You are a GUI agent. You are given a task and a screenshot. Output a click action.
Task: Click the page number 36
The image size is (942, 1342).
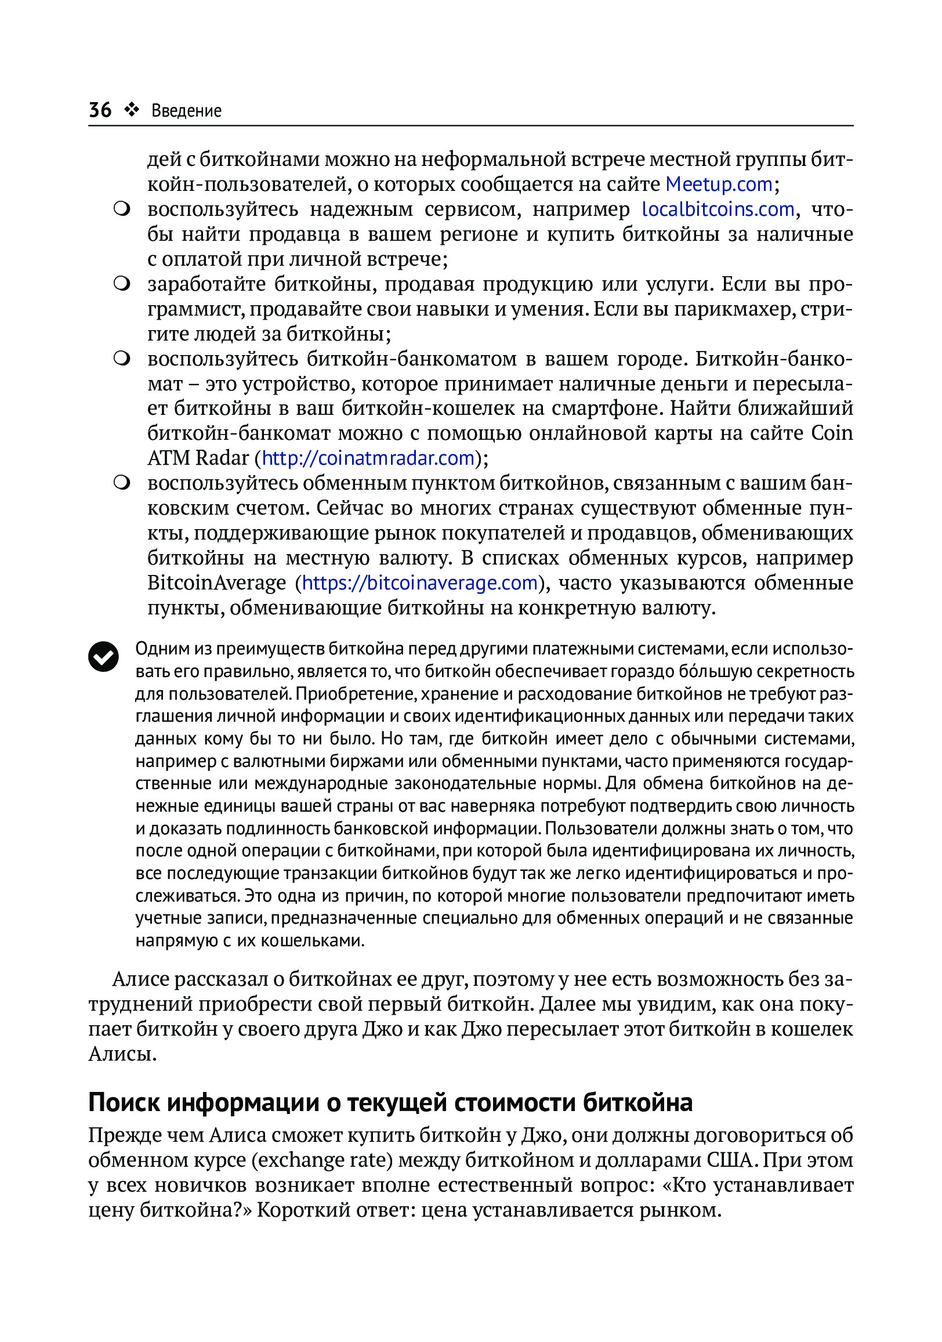100,110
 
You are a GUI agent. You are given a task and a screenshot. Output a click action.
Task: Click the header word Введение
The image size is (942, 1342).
186,110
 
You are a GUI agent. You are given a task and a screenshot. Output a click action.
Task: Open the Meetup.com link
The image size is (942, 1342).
719,184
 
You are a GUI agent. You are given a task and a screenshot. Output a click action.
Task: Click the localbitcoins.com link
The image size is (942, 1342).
718,209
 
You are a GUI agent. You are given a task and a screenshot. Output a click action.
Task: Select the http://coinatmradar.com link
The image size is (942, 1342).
368,458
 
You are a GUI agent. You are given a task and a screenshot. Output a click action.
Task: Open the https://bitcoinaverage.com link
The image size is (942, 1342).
419,583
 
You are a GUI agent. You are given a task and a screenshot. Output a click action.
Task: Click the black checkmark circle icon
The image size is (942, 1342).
103,656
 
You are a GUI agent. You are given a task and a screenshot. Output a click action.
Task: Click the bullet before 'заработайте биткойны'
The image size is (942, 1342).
122,285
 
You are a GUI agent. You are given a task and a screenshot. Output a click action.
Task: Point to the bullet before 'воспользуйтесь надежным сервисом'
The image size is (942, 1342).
122,210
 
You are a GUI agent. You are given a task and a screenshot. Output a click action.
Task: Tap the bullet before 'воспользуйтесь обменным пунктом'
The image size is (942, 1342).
122,484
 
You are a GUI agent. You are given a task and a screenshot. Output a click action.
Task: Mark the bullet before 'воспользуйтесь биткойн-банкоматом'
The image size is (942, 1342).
122,359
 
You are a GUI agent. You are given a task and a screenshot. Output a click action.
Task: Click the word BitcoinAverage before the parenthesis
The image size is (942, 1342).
216,583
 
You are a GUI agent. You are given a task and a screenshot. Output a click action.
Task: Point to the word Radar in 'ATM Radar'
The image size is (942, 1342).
222,458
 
